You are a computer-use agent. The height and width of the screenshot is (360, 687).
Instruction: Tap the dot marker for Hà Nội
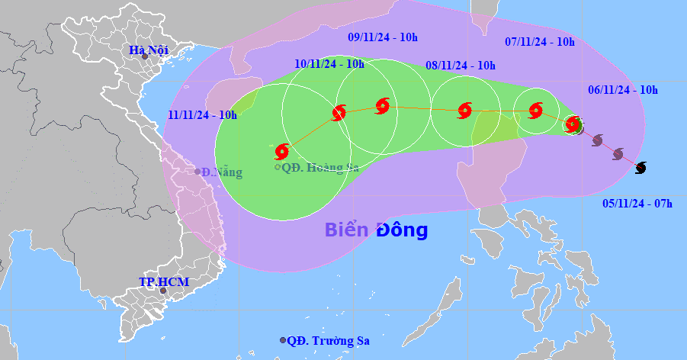pyautogui.click(x=144, y=57)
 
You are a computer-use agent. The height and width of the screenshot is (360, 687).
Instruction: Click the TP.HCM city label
pyautogui.click(x=164, y=282)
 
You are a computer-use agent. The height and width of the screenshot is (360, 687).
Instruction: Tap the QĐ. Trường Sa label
pyautogui.click(x=329, y=341)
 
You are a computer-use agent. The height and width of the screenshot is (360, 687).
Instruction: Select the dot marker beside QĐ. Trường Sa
pyautogui.click(x=283, y=340)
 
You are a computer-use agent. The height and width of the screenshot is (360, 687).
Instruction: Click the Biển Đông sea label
pyautogui.click(x=376, y=230)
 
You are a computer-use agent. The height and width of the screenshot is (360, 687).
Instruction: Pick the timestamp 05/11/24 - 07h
pyautogui.click(x=637, y=203)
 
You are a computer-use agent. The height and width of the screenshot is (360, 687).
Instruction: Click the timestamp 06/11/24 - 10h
pyautogui.click(x=623, y=89)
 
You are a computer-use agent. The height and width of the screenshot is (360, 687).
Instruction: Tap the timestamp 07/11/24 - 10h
pyautogui.click(x=541, y=42)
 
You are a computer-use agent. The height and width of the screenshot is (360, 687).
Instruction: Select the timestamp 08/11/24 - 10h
pyautogui.click(x=461, y=66)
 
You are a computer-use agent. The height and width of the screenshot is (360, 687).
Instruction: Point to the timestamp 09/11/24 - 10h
pyautogui.click(x=384, y=37)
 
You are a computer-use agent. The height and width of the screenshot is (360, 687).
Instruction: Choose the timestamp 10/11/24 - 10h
pyautogui.click(x=329, y=64)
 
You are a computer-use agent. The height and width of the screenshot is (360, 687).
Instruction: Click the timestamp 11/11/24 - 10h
pyautogui.click(x=203, y=115)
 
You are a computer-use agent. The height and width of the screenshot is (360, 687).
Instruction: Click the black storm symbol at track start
pyautogui.click(x=641, y=167)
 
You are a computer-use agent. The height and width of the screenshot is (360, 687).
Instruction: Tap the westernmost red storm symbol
pyautogui.click(x=282, y=151)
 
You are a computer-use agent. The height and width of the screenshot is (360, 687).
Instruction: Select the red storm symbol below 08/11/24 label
pyautogui.click(x=464, y=111)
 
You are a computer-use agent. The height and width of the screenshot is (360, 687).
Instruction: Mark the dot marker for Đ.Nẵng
pyautogui.click(x=197, y=172)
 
